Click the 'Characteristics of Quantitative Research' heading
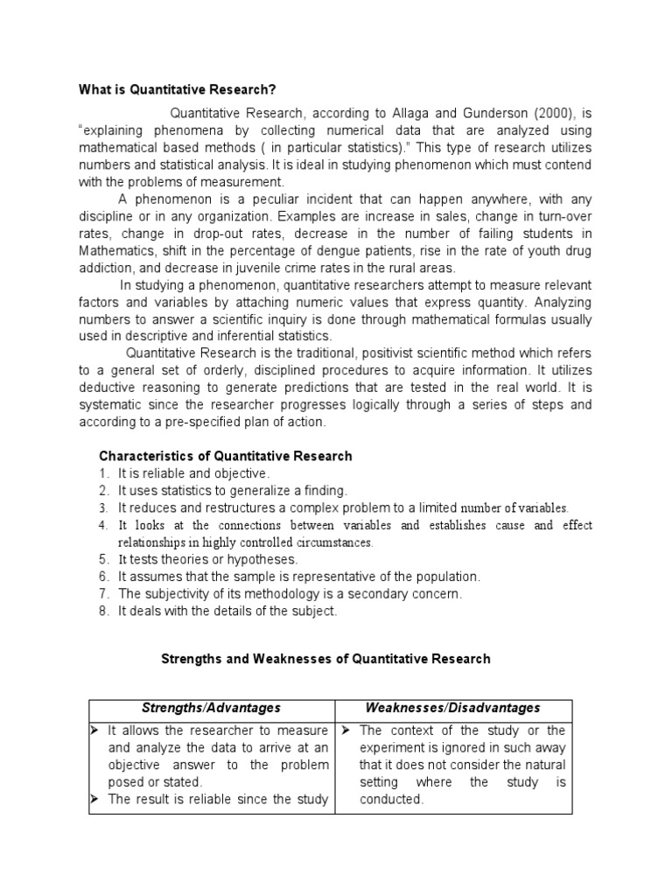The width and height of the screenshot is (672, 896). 226,456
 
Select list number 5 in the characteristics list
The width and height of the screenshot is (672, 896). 102,559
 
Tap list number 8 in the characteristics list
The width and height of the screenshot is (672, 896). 102,611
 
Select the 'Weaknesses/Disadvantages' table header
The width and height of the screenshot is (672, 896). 452,708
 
